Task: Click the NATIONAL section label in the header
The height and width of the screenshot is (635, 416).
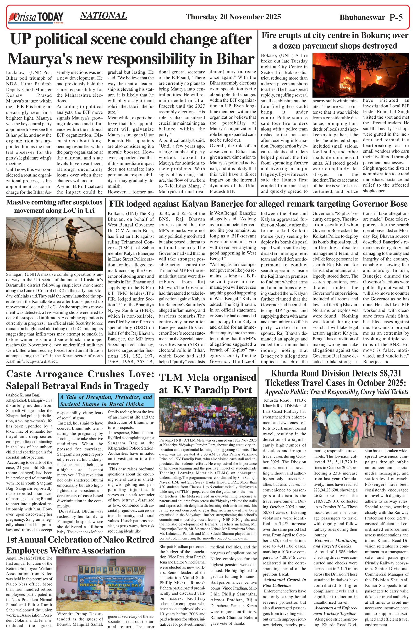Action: coord(104,16)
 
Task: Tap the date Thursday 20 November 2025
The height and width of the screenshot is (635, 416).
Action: coord(233,17)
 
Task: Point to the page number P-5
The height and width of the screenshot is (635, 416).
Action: coord(396,17)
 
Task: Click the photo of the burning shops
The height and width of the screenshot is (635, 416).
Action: coord(361,75)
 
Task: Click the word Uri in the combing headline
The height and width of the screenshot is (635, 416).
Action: coord(90,210)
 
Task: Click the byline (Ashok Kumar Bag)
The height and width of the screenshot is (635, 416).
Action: coord(23,395)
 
